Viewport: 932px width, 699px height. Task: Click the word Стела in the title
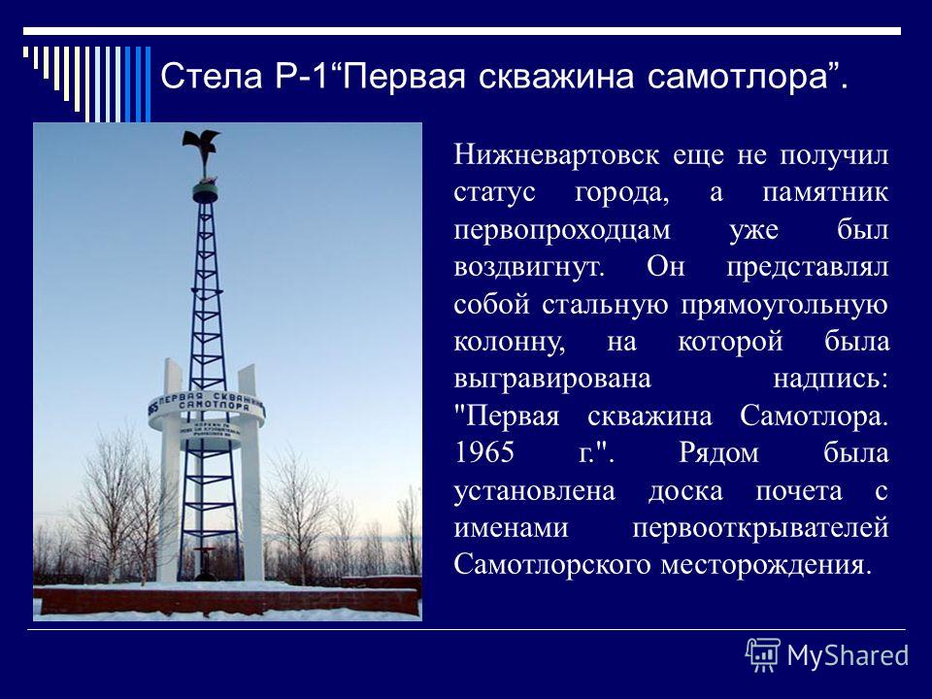[211, 77]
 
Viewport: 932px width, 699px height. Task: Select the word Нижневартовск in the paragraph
[556, 155]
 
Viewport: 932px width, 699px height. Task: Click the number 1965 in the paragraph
[483, 452]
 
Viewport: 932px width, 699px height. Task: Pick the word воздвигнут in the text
[527, 268]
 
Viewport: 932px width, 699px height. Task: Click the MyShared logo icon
[763, 655]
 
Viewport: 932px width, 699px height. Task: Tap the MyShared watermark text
[848, 656]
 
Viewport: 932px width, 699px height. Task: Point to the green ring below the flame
[205, 192]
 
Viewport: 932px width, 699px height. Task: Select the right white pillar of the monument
[250, 473]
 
